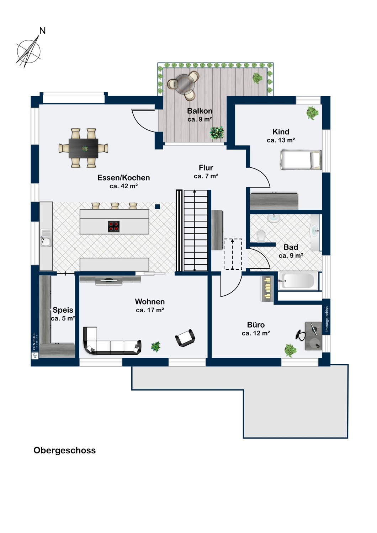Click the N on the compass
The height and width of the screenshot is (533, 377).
42,31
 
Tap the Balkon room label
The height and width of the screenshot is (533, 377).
200,111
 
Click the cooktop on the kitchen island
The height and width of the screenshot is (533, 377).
113,226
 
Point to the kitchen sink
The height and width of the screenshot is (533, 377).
46,238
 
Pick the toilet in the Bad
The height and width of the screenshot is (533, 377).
261,236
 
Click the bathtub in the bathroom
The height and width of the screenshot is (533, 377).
298,281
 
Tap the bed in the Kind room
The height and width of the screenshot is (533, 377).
301,160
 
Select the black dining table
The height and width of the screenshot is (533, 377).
83,148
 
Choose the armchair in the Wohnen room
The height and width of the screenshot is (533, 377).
185,338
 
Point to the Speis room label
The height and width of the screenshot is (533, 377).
63,310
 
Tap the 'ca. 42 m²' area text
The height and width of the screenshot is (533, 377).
124,186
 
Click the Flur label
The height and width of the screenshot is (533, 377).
206,168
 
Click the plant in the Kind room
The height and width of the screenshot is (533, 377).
313,113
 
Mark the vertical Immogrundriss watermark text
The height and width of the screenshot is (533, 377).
327,319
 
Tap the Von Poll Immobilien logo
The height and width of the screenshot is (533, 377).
35,345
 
